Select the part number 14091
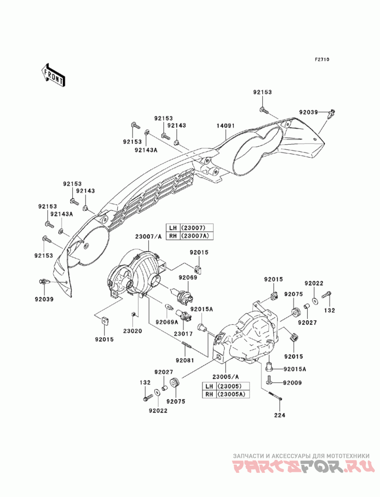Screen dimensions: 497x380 click(226, 126)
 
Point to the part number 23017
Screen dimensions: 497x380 click(182, 333)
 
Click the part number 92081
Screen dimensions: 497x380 click(190, 360)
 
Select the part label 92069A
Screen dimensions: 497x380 click(169, 322)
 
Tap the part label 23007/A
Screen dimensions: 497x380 click(148, 236)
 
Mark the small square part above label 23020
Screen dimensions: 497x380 click(134, 314)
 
